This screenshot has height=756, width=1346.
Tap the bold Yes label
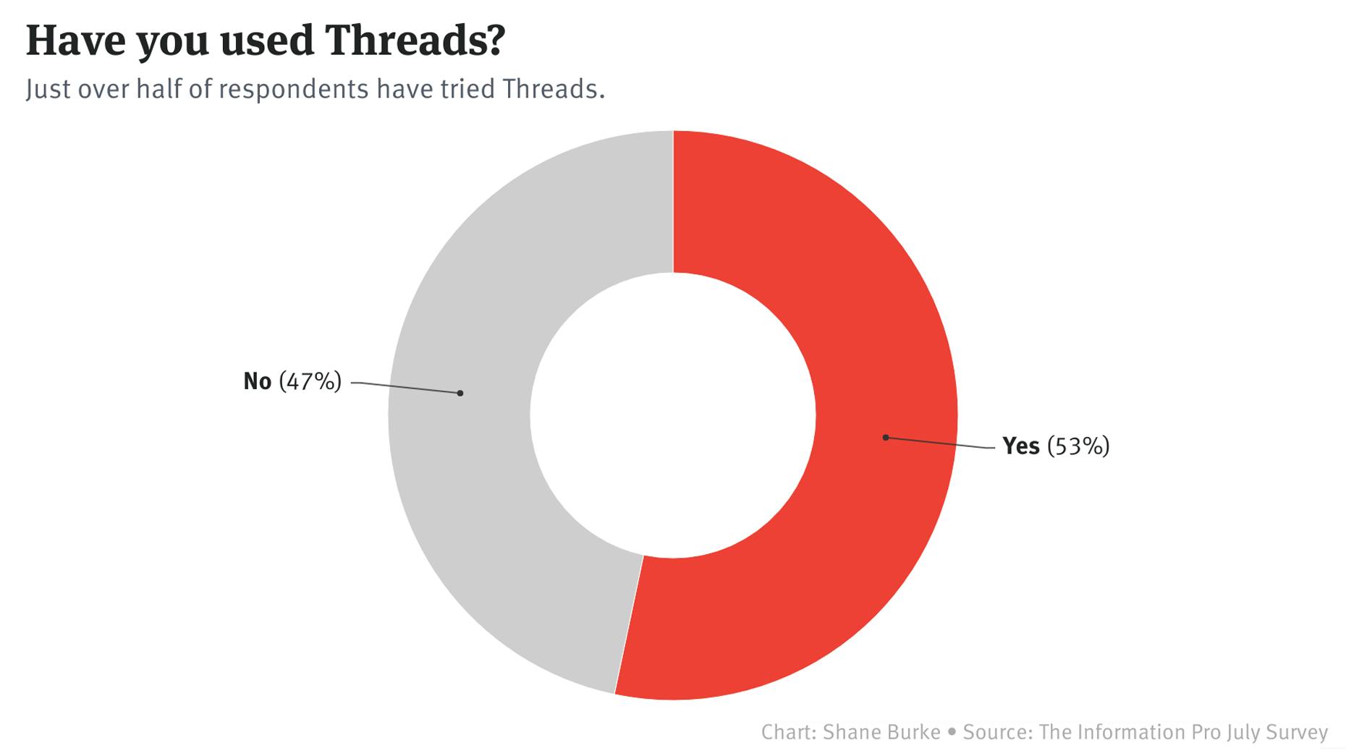point(1020,446)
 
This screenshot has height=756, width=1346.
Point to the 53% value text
point(1078,446)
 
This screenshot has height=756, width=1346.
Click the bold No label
point(257,381)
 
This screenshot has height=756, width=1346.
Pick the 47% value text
point(310,381)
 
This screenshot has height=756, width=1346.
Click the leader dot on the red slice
point(885,438)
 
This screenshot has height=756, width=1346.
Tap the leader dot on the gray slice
point(460,393)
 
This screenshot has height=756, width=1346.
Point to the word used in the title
point(267,41)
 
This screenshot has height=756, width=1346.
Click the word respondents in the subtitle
point(294,89)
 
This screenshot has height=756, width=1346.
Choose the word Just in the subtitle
point(48,89)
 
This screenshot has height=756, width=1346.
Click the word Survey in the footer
point(1293,732)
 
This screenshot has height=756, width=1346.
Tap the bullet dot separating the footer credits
point(952,733)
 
